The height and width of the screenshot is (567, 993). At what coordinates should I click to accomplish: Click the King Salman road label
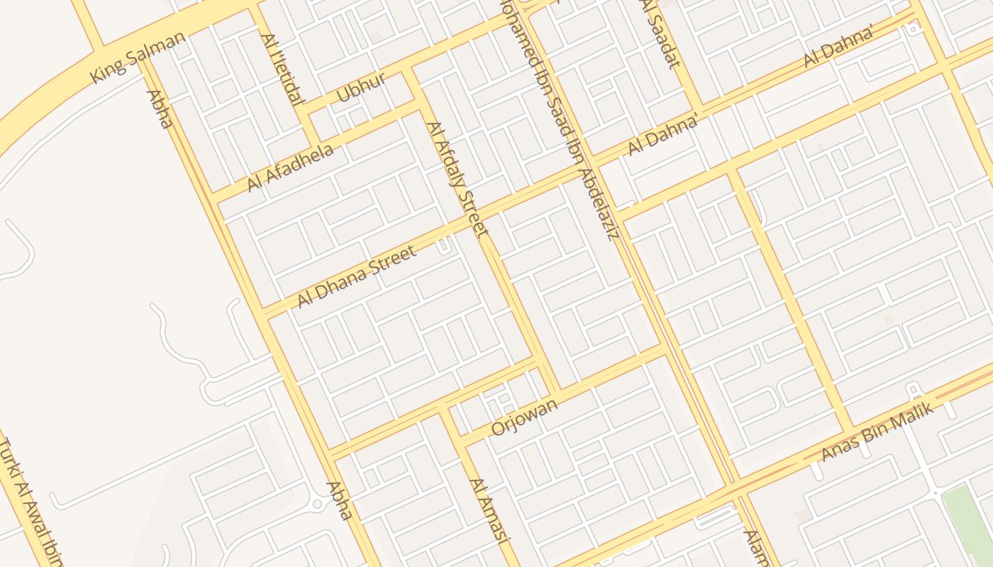[138, 57]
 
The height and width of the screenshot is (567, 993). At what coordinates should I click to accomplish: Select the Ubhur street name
[361, 86]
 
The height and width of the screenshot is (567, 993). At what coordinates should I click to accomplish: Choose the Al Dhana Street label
[356, 276]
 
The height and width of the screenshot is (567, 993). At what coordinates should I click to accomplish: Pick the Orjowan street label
[525, 416]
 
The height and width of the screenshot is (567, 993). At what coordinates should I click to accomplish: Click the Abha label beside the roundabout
[339, 500]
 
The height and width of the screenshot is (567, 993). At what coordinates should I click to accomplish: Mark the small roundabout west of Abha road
[317, 503]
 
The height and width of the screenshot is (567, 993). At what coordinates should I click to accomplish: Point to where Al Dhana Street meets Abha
[265, 314]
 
